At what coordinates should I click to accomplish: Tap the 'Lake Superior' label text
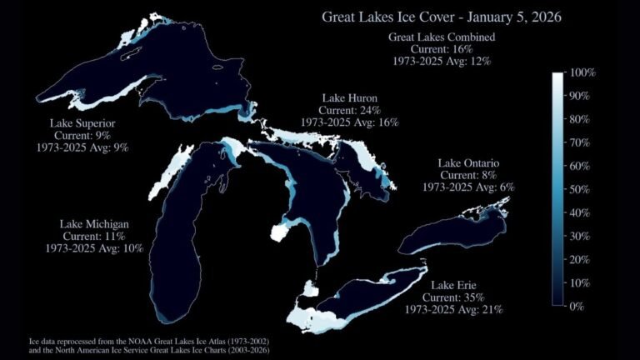pyautogui.click(x=82, y=123)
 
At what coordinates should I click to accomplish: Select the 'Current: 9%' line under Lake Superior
pyautogui.click(x=82, y=135)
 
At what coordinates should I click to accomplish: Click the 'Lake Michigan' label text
pyautogui.click(x=94, y=224)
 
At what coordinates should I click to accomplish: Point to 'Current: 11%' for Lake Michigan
pyautogui.click(x=94, y=236)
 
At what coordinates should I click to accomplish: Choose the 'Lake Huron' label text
pyautogui.click(x=349, y=97)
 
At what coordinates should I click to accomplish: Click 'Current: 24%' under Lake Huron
pyautogui.click(x=349, y=109)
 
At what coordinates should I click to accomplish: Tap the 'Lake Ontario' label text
pyautogui.click(x=467, y=162)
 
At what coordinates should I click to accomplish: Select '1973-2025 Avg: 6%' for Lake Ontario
pyautogui.click(x=467, y=187)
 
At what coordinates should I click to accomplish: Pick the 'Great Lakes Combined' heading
pyautogui.click(x=442, y=37)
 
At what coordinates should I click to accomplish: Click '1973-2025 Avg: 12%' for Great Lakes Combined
pyautogui.click(x=442, y=61)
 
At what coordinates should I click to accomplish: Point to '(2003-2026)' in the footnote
pyautogui.click(x=250, y=350)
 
